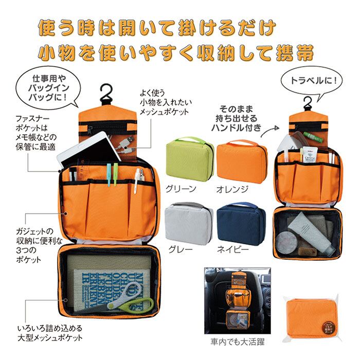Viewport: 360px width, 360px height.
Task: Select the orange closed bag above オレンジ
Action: tap(242, 160)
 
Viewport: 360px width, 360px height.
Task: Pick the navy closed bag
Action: tap(241, 223)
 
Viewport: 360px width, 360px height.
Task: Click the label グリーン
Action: tap(181, 189)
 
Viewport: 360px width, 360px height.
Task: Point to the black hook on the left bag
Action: tap(107, 94)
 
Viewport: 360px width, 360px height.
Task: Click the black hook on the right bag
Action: tap(308, 103)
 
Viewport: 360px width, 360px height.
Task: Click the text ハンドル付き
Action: tap(239, 127)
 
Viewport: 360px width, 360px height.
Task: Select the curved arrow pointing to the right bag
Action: tap(271, 132)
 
